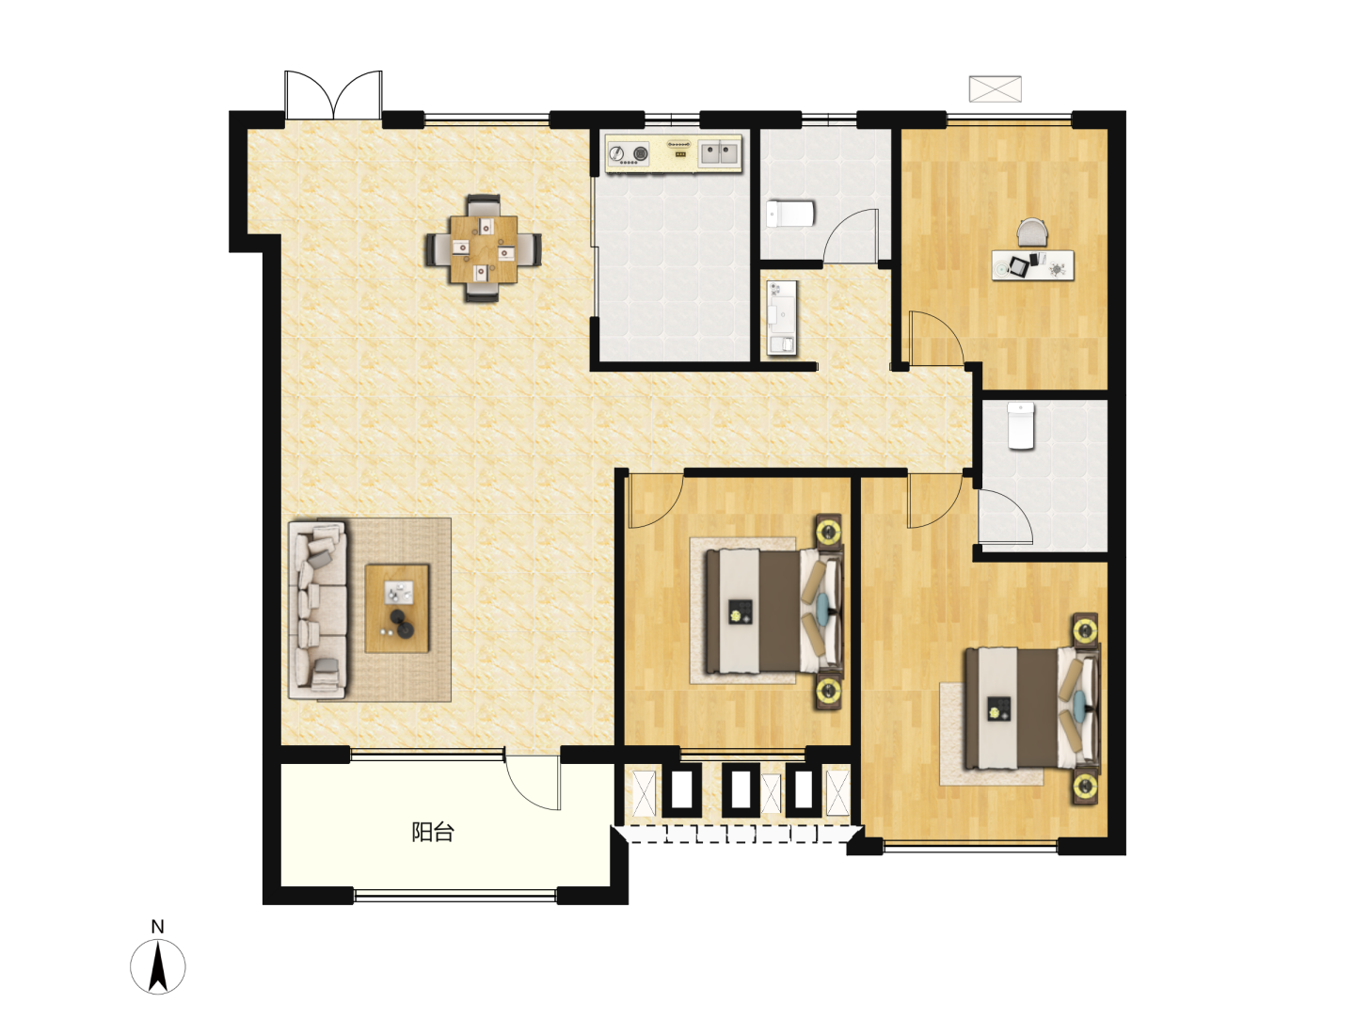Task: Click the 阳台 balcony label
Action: pyautogui.click(x=433, y=833)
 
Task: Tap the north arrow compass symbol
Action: pyautogui.click(x=158, y=967)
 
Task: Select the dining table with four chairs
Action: pyautogui.click(x=484, y=248)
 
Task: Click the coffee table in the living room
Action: pyautogui.click(x=397, y=609)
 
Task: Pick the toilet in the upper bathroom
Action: pyautogui.click(x=790, y=214)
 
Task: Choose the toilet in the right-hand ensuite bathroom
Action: pyautogui.click(x=1020, y=425)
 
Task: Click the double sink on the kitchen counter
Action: pyautogui.click(x=719, y=151)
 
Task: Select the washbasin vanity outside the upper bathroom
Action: pyautogui.click(x=782, y=318)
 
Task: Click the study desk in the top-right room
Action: pyautogui.click(x=1033, y=264)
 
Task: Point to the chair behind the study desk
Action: pyautogui.click(x=1033, y=233)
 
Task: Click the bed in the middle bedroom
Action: pyautogui.click(x=774, y=611)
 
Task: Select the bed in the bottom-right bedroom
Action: pyautogui.click(x=1033, y=708)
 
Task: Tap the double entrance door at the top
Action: pyautogui.click(x=333, y=94)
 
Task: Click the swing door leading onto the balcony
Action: pyautogui.click(x=533, y=778)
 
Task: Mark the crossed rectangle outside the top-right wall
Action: pyautogui.click(x=996, y=88)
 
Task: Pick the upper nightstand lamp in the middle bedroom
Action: pyautogui.click(x=828, y=530)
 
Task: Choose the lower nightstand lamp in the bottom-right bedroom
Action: pyautogui.click(x=1085, y=787)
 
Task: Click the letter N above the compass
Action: pyautogui.click(x=158, y=927)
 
